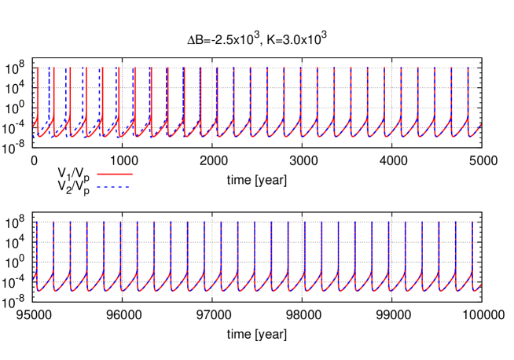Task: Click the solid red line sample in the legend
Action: click(x=115, y=174)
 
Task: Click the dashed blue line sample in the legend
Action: click(x=115, y=187)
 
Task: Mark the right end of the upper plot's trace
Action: click(x=480, y=124)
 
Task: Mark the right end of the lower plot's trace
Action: click(x=480, y=285)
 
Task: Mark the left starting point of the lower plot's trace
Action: click(x=34, y=278)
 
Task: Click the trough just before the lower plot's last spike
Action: click(x=458, y=290)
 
